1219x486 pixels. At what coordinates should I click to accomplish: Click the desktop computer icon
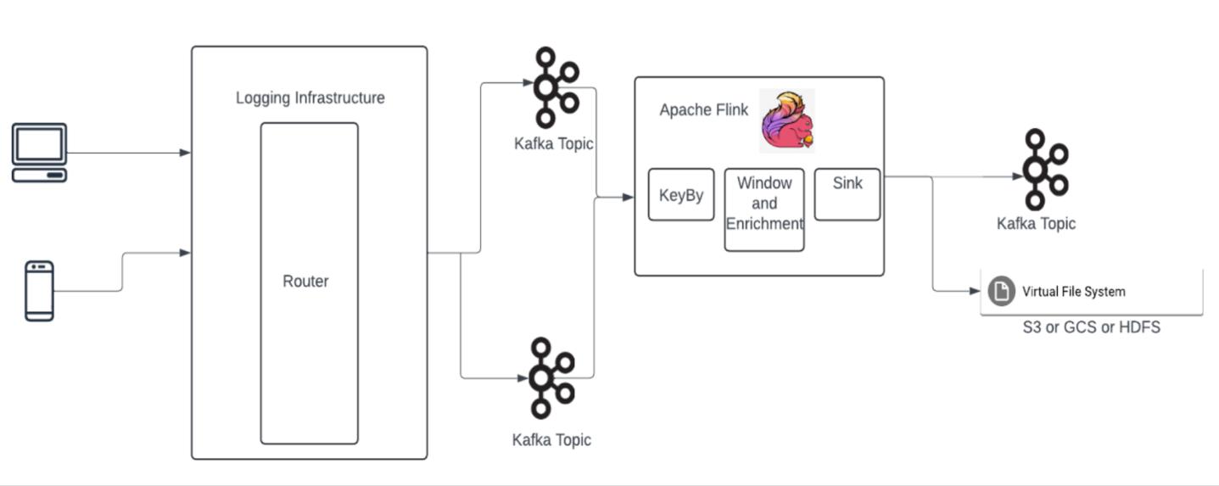coord(39,153)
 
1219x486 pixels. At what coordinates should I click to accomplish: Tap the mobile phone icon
coord(39,290)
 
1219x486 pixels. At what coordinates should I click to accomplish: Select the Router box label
coord(305,281)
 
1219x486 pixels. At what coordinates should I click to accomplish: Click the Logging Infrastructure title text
coord(310,98)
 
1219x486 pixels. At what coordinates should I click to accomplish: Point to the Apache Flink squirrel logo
coord(787,120)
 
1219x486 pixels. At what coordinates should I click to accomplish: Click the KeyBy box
coord(681,195)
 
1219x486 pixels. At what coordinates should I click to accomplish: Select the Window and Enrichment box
coord(764,209)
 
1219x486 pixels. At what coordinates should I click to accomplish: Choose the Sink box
coord(847,194)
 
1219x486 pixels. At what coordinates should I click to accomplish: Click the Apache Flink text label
coord(704,110)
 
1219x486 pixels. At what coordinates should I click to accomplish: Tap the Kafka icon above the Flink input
coord(554,87)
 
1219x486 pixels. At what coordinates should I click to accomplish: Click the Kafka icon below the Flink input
coord(551,377)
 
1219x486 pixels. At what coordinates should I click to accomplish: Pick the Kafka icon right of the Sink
coord(1043,169)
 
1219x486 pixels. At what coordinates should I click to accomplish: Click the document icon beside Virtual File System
coord(1002,291)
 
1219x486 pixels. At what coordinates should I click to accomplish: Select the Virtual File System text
coord(1073,291)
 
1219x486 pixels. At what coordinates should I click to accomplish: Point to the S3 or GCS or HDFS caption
coord(1091,327)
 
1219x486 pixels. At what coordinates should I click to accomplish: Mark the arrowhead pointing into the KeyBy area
coord(628,197)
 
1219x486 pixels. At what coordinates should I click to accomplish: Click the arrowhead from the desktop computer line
coord(186,153)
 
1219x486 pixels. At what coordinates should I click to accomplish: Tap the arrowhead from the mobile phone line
coord(186,252)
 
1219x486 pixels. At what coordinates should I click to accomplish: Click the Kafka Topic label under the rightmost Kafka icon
coord(1036,223)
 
